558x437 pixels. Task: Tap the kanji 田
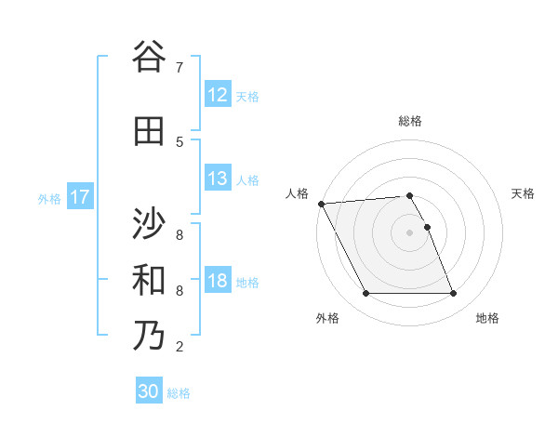tap(149, 131)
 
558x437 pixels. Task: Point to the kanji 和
tap(149, 280)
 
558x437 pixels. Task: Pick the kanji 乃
tap(149, 336)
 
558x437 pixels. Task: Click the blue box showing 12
tap(218, 95)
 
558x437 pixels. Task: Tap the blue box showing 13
tap(218, 179)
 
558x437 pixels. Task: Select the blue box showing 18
tap(218, 281)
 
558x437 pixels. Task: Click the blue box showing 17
tap(80, 197)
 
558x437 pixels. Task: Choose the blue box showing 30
tap(149, 391)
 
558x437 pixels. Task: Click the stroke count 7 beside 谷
tap(179, 67)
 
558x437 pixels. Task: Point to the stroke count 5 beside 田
tap(179, 141)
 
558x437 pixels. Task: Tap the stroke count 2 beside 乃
tap(179, 347)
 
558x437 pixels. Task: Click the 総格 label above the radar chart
tap(410, 121)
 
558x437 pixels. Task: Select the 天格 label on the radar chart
tap(524, 193)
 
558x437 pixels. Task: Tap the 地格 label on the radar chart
tap(487, 318)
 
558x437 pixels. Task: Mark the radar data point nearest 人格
tap(321, 204)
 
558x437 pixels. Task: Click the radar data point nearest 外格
tap(365, 294)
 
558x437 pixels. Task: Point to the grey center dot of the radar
tap(410, 232)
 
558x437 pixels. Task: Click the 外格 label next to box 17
tap(49, 198)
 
